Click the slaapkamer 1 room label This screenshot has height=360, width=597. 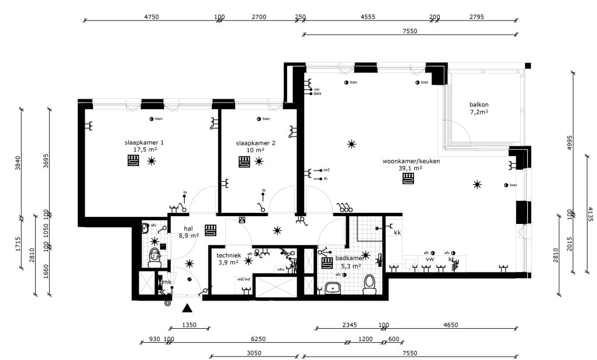(x=144, y=146)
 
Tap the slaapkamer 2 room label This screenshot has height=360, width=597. (x=255, y=147)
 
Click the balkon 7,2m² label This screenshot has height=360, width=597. (x=479, y=108)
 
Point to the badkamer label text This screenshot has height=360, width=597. (x=350, y=259)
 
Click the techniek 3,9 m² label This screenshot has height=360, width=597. (x=227, y=258)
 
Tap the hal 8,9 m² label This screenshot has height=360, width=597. (x=188, y=232)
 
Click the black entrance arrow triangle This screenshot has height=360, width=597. (x=188, y=308)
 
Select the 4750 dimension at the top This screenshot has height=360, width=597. (x=152, y=17)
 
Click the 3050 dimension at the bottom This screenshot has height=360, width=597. (x=254, y=353)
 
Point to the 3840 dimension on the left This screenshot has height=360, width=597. (x=18, y=162)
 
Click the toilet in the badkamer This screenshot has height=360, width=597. (x=370, y=285)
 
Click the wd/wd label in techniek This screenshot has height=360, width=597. (x=244, y=279)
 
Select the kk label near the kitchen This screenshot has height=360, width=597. (x=397, y=232)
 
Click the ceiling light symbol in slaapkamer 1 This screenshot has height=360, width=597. (x=152, y=162)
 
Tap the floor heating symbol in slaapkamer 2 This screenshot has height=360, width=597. (x=244, y=162)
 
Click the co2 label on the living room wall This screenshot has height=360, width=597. (x=327, y=169)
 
